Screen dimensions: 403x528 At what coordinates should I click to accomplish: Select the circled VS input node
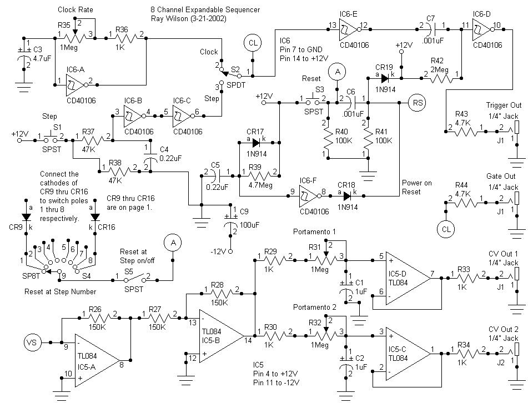32,341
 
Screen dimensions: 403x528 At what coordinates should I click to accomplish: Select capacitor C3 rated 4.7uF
26,54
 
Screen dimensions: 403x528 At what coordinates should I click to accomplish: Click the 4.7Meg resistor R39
259,177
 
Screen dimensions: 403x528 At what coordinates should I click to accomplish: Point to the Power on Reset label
416,188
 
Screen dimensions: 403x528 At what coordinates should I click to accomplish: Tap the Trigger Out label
504,105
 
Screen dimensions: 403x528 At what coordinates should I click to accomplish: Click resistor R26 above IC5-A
99,319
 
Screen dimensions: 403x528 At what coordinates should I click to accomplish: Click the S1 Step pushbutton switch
57,134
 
